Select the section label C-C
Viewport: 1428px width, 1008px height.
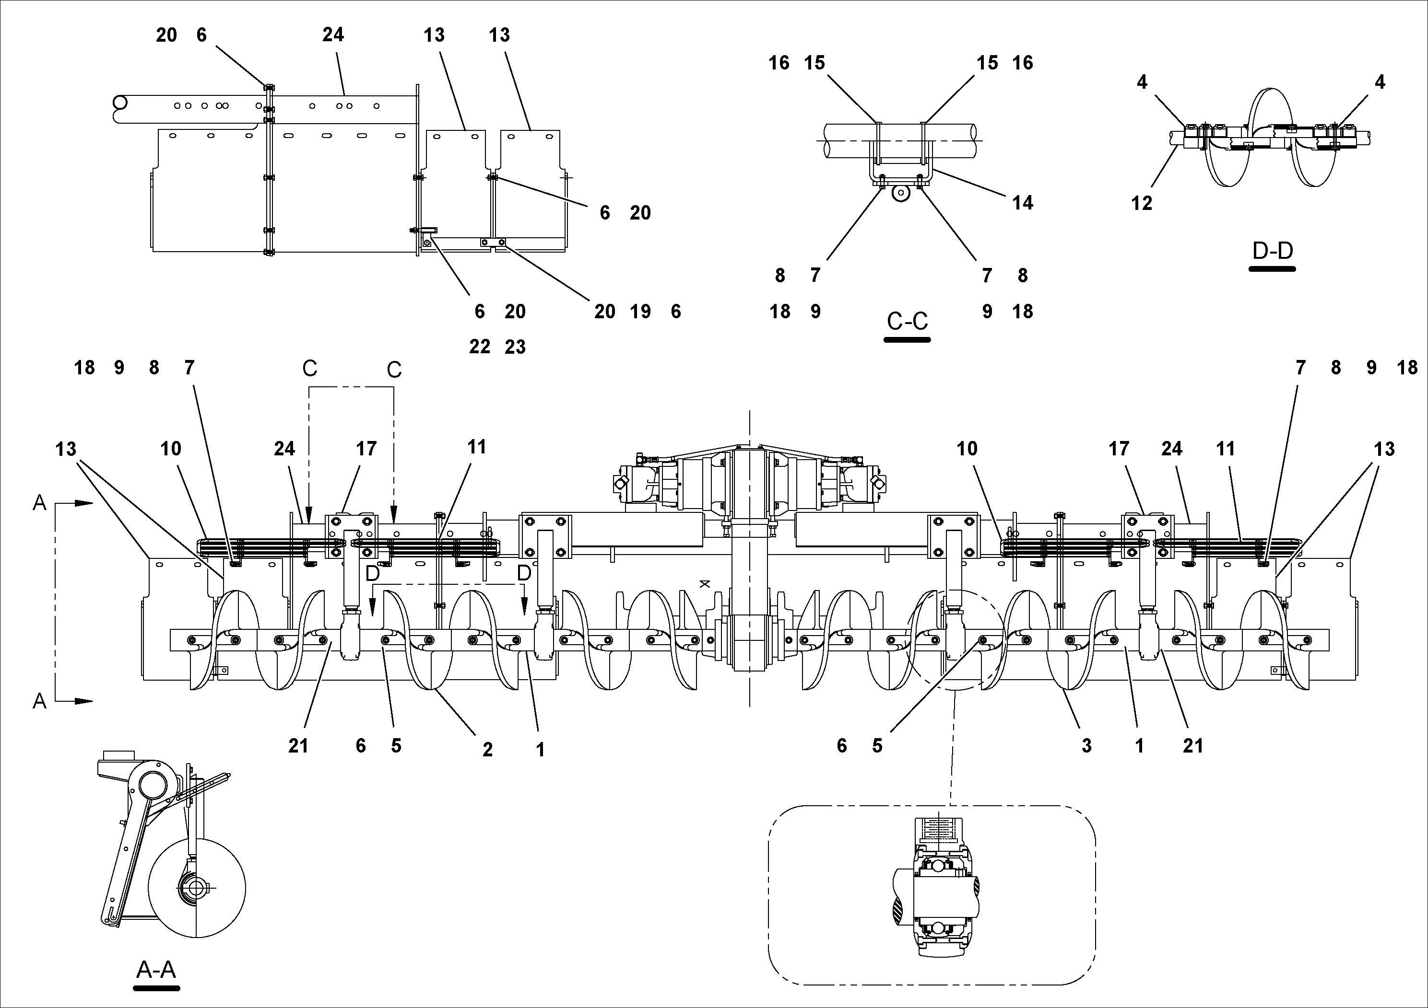tap(907, 321)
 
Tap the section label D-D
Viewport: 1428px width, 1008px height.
tap(1272, 251)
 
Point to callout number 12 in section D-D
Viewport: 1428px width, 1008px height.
tap(1141, 203)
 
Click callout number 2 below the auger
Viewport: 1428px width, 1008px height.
tap(488, 750)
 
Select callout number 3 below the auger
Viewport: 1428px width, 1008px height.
tap(1086, 746)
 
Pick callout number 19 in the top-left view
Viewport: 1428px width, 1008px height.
tap(640, 312)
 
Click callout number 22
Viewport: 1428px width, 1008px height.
tap(480, 347)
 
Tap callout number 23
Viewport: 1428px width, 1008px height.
tap(515, 347)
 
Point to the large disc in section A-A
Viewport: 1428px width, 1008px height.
tap(197, 889)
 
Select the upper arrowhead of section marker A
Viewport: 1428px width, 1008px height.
tap(84, 503)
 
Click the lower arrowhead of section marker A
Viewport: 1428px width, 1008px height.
tap(84, 701)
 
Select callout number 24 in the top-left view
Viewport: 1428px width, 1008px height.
tap(333, 35)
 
